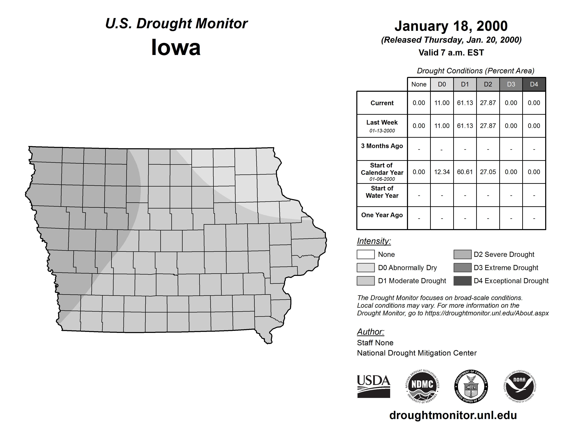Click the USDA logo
click(373, 386)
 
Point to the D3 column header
click(511, 84)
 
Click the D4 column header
click(534, 84)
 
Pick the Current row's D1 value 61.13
click(465, 103)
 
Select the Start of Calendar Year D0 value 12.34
click(442, 172)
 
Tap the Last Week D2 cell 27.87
click(488, 126)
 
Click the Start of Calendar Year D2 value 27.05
click(488, 172)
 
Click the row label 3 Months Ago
click(382, 146)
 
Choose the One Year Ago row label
click(382, 215)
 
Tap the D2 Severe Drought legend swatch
click(462, 254)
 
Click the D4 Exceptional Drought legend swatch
click(462, 281)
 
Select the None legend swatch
click(365, 254)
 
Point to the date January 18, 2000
click(451, 26)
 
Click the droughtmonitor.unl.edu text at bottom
click(453, 415)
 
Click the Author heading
click(370, 332)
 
